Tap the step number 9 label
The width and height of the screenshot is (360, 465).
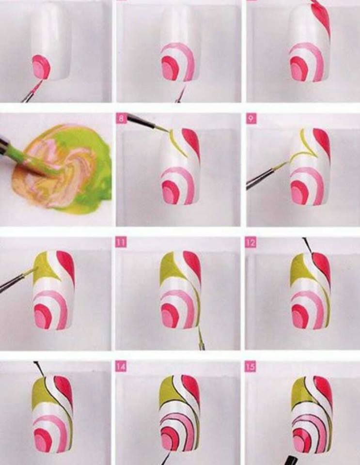tap(250, 119)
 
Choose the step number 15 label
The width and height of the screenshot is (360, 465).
tap(250, 367)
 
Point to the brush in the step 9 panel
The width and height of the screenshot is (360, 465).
tap(267, 175)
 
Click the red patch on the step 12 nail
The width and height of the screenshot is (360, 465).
tap(322, 268)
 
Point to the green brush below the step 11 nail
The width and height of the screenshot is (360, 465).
tap(201, 338)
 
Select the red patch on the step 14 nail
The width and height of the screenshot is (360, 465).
tap(191, 391)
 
